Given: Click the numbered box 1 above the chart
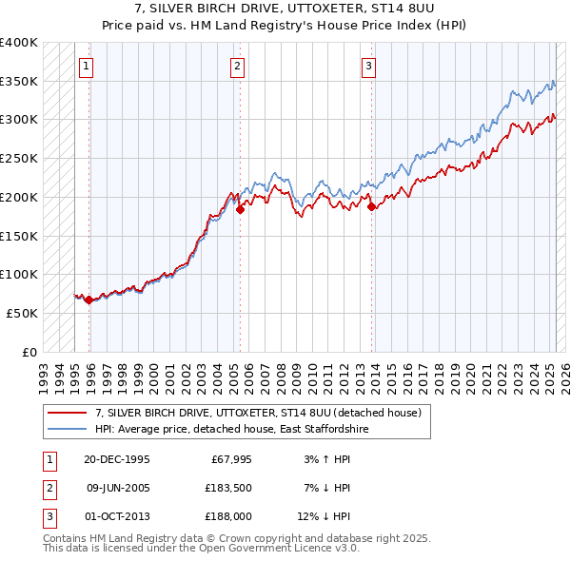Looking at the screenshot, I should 87,66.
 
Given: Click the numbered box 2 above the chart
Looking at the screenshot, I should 237,66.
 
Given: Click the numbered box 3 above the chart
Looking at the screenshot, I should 368,66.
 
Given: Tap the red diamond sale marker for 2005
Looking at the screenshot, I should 241,210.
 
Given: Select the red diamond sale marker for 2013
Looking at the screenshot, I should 371,206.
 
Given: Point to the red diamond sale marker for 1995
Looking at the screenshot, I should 89,300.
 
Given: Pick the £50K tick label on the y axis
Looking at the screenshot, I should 23,313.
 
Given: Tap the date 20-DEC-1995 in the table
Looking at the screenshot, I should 116,459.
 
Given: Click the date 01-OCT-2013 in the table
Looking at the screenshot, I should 116,516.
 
